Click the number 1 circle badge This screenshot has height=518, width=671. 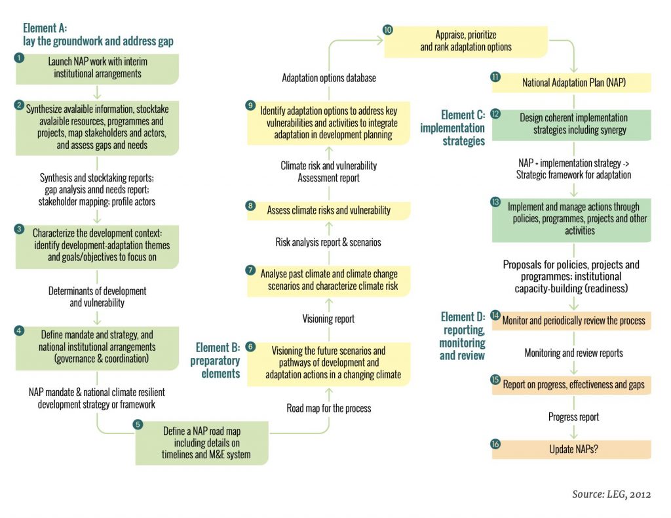point(19,57)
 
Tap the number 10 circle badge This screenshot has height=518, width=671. point(388,30)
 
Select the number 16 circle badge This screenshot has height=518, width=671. point(495,443)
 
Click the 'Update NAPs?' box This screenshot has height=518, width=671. point(571,450)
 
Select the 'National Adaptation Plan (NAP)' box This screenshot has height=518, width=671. point(571,83)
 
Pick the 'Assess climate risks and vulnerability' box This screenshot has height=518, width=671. point(329,210)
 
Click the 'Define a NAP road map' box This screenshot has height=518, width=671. point(202,443)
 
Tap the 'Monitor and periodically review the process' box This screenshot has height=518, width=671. point(571,321)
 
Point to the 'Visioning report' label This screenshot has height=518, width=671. point(328,319)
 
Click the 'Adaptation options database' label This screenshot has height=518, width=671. point(329,78)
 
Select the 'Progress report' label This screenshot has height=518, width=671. point(573,417)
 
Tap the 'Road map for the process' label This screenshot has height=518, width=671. point(329,408)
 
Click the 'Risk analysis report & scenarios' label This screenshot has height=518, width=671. point(328,243)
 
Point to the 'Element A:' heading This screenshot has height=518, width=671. point(45,28)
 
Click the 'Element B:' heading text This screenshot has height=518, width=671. point(218,347)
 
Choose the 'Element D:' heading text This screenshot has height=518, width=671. point(463,317)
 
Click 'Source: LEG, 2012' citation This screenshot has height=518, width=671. point(611,494)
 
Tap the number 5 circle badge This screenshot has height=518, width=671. point(138,424)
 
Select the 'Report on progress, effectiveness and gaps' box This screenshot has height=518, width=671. point(571,384)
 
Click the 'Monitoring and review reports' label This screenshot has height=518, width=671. point(573,353)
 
